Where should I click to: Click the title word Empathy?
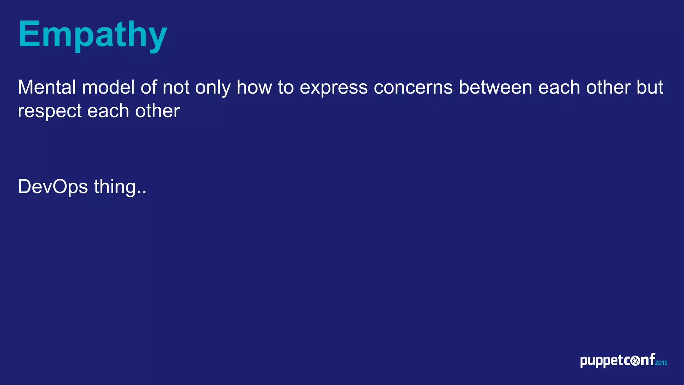pos(93,35)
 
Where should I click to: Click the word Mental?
pos(47,88)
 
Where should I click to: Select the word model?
pos(108,88)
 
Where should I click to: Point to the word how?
pos(254,88)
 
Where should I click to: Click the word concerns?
pos(413,88)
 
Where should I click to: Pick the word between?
pos(495,88)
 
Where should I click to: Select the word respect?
pos(49,112)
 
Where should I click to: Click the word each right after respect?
pos(108,111)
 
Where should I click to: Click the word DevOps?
pos(53,187)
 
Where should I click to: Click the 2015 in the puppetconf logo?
pos(661,363)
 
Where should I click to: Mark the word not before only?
pos(176,88)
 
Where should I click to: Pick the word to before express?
pos(286,88)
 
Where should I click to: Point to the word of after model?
pos(149,88)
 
